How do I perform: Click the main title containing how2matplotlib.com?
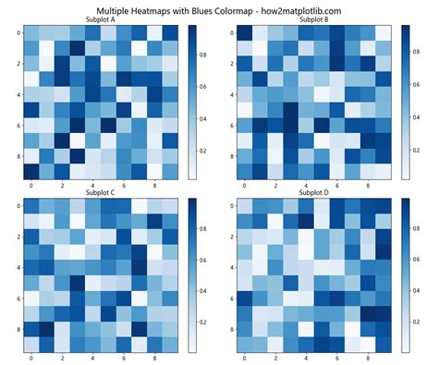tap(219, 7)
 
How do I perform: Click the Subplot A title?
tap(101, 18)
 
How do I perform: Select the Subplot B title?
tap(313, 18)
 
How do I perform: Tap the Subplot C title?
tap(101, 192)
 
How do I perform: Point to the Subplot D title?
tap(313, 192)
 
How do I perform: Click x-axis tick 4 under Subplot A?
tap(93, 186)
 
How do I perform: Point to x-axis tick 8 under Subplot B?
tap(368, 186)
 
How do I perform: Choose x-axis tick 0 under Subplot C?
tap(31, 359)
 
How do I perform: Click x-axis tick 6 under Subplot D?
tap(337, 359)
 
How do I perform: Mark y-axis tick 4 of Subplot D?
tap(229, 267)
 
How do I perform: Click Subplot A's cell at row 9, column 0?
tap(31, 171)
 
